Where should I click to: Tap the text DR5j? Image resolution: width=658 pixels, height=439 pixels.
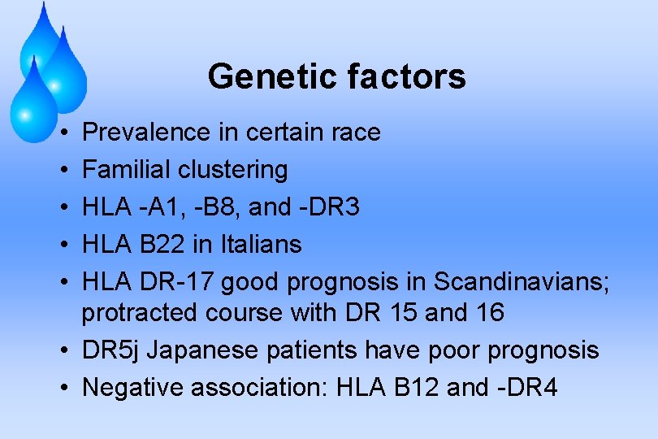click(x=111, y=350)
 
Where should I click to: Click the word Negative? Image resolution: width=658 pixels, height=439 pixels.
click(x=133, y=387)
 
